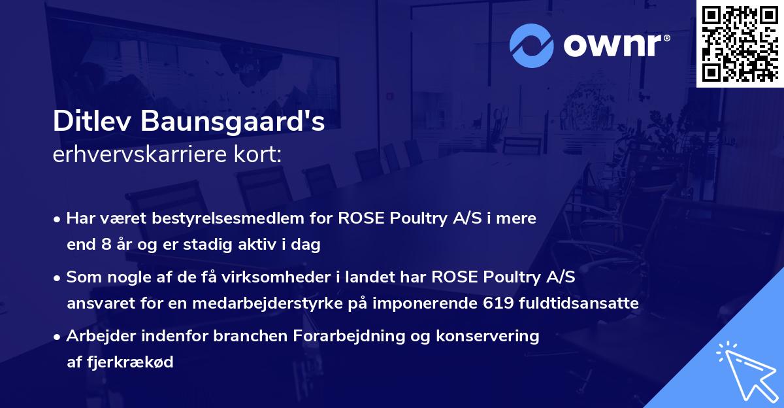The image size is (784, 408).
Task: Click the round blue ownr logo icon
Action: tap(532, 46)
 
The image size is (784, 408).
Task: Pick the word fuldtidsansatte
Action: tap(586, 303)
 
